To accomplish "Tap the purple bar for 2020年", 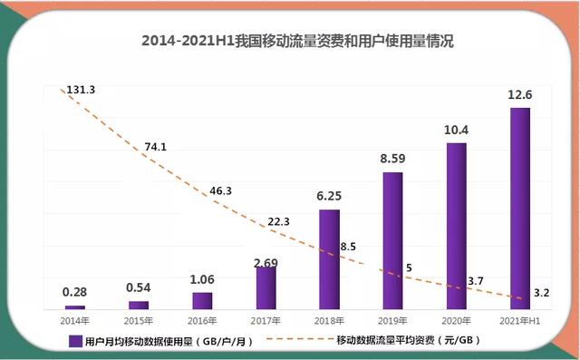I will click(456, 226).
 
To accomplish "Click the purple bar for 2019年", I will click(392, 240).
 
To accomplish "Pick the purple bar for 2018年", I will click(329, 259).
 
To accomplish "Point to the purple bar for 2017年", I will click(266, 287).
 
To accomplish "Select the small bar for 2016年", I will click(202, 300).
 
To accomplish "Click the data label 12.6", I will click(519, 95).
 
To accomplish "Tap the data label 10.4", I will click(456, 131).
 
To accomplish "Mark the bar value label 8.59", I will click(392, 160).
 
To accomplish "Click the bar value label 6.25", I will click(329, 197).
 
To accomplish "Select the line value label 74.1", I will click(156, 147).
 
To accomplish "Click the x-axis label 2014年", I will click(75, 321).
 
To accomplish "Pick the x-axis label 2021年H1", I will click(519, 321).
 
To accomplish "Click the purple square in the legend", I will click(75, 341).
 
